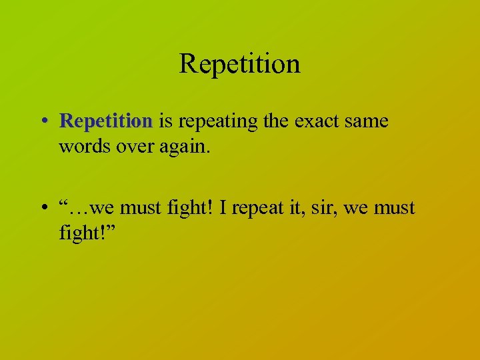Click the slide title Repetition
pyautogui.click(x=239, y=64)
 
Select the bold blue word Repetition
pyautogui.click(x=106, y=121)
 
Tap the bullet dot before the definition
pyautogui.click(x=43, y=122)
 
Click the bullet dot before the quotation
pyautogui.click(x=43, y=209)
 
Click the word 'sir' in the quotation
pyautogui.click(x=325, y=208)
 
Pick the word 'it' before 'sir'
pyautogui.click(x=301, y=208)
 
